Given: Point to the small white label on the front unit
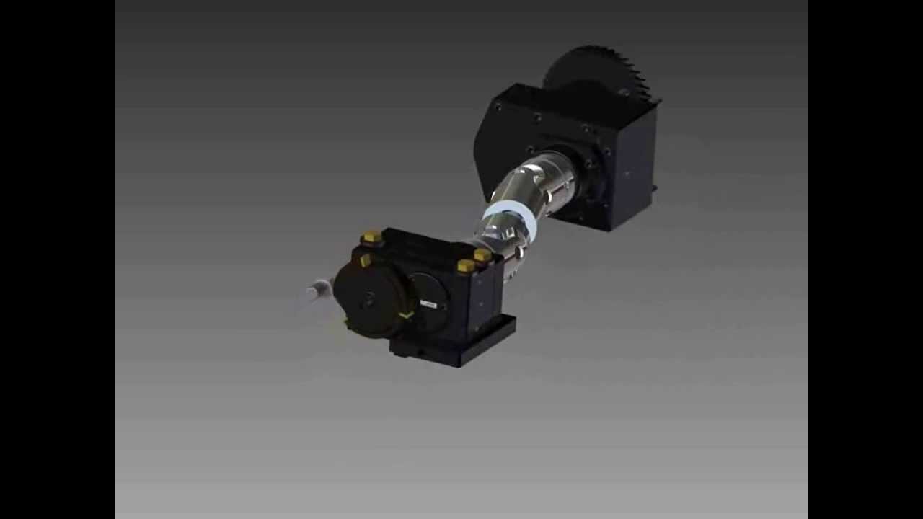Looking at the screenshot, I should point(428,305).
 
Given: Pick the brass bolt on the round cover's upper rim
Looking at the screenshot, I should point(366,260).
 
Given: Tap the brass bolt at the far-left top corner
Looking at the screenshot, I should point(371,236).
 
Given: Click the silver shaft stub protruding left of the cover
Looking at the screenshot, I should point(316,292).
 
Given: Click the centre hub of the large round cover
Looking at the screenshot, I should point(369,300).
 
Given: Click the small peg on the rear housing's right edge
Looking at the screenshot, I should point(654,188).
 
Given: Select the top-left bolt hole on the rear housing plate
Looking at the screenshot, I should point(498,107).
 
